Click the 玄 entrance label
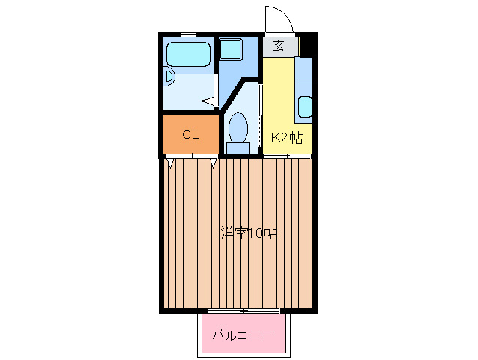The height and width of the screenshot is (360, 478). click(278, 46)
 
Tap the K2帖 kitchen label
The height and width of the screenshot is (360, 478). click(286, 137)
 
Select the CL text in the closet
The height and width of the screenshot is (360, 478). click(191, 135)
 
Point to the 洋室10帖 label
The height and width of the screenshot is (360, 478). click(249, 232)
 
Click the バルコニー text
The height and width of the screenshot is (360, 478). click(242, 334)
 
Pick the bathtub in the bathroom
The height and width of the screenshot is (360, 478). click(187, 54)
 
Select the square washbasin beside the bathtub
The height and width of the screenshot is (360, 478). click(229, 50)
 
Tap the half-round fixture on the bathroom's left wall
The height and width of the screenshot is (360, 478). click(169, 76)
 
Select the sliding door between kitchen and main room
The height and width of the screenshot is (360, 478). click(288, 155)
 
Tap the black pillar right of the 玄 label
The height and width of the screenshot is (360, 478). click(305, 46)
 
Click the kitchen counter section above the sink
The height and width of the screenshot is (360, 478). click(304, 76)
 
